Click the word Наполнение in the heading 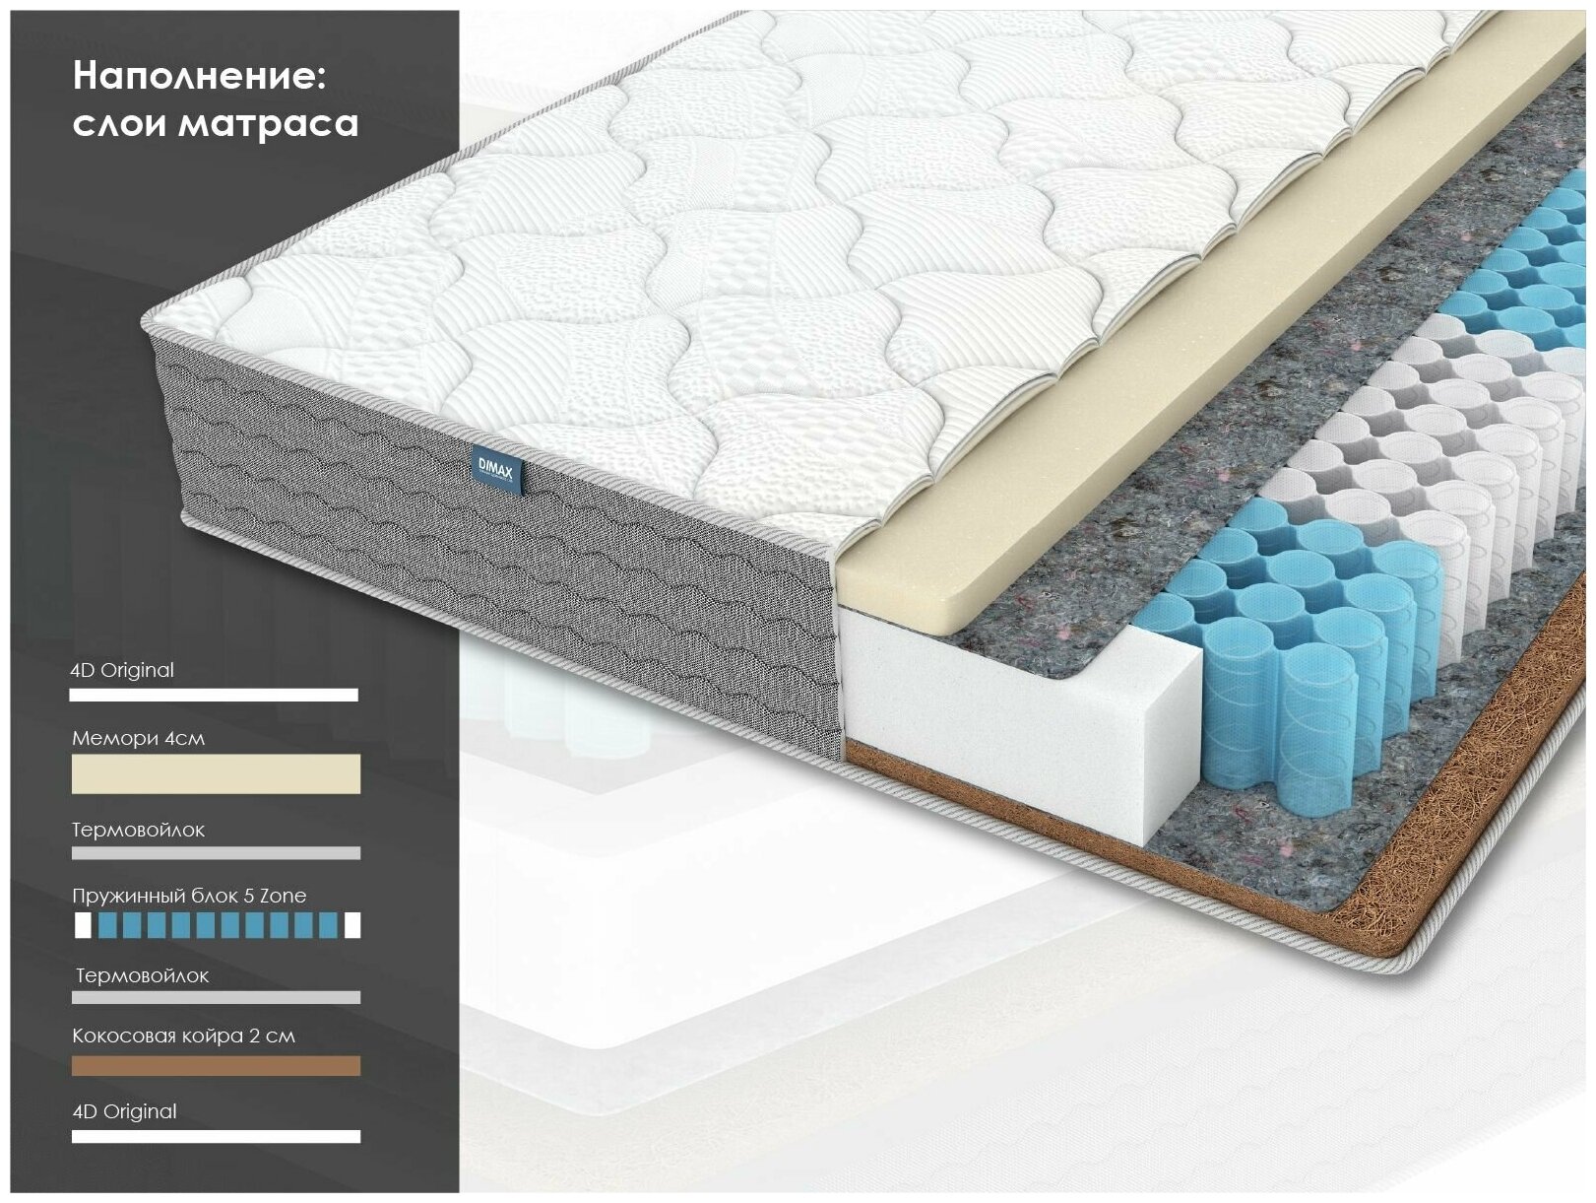coord(198,76)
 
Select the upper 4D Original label coord(122,670)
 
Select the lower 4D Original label coord(125,1111)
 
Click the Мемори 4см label coord(138,738)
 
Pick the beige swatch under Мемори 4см coord(216,774)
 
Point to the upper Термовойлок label coord(138,830)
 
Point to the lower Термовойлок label coord(142,975)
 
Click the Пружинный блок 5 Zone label coord(189,896)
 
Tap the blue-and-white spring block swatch coord(217,925)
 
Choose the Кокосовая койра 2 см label coord(183,1036)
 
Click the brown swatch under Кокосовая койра coord(216,1066)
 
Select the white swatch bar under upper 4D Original coord(214,695)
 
